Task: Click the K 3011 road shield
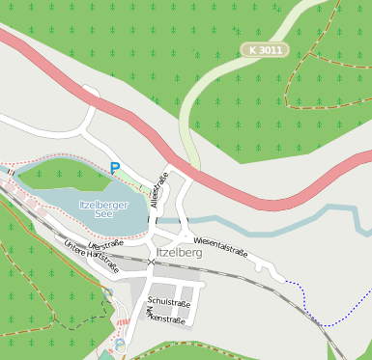pyautogui.click(x=264, y=48)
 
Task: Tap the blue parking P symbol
pyautogui.click(x=115, y=168)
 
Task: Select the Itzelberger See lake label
pyautogui.click(x=103, y=209)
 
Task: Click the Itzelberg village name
pyautogui.click(x=178, y=253)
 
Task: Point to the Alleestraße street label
pyautogui.click(x=159, y=191)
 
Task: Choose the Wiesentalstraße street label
pyautogui.click(x=220, y=247)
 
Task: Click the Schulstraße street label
pyautogui.click(x=168, y=303)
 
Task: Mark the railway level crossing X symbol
pyautogui.click(x=152, y=262)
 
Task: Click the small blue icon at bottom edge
pyautogui.click(x=120, y=345)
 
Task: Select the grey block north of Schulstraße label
pyautogui.click(x=180, y=289)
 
